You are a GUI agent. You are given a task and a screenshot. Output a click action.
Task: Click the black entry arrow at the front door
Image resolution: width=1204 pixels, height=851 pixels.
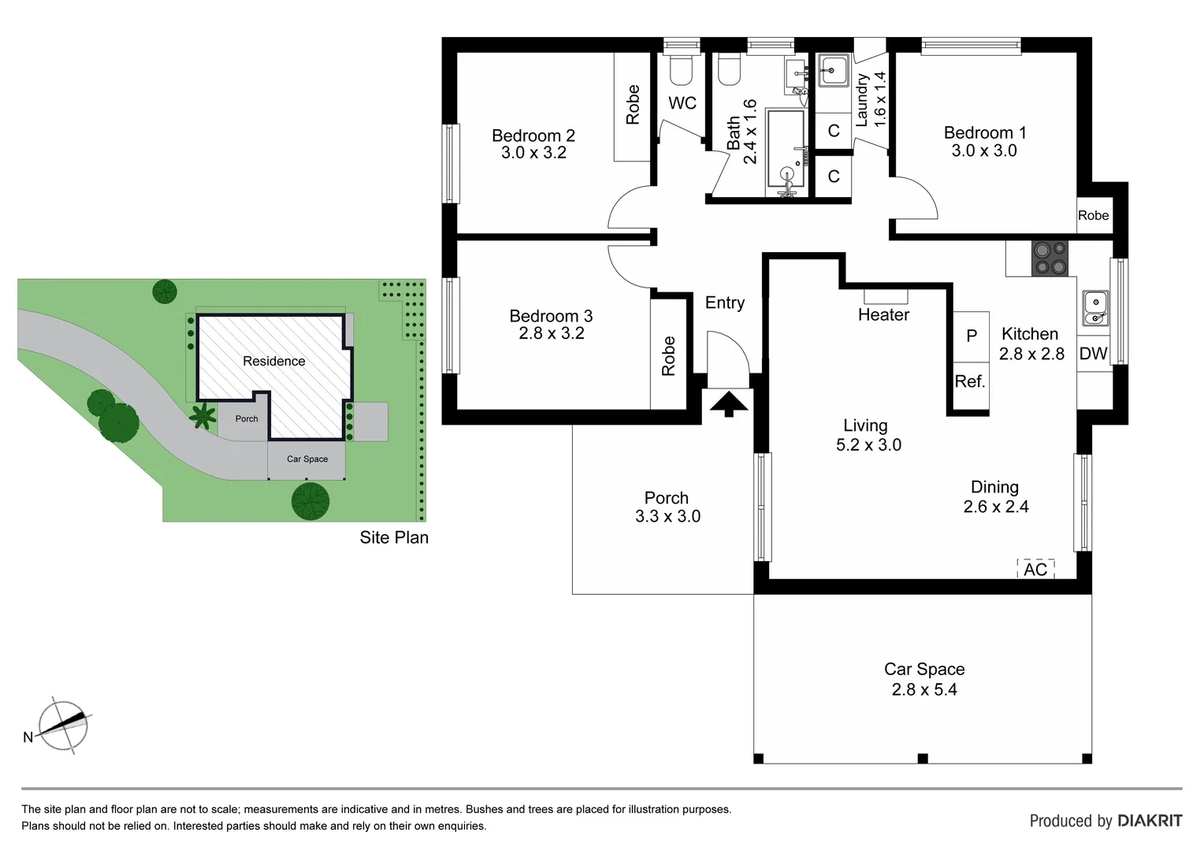pyautogui.click(x=729, y=403)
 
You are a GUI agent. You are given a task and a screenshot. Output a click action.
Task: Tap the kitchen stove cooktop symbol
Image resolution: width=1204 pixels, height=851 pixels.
pyautogui.click(x=1050, y=258)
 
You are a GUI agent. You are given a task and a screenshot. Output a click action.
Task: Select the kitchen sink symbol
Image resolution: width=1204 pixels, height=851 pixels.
pyautogui.click(x=1094, y=308)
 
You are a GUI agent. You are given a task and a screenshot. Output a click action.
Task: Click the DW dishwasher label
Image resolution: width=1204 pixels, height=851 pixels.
pyautogui.click(x=1093, y=354)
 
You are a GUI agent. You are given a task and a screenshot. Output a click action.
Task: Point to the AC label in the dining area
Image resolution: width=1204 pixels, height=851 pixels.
pyautogui.click(x=1035, y=569)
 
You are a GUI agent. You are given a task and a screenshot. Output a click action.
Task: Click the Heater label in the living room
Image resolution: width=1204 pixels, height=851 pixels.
pyautogui.click(x=883, y=314)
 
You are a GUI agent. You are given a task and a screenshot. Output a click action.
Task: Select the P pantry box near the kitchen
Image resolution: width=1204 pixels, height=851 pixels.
pyautogui.click(x=972, y=336)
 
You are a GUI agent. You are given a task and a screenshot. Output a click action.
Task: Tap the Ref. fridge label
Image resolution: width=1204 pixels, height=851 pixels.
pyautogui.click(x=970, y=381)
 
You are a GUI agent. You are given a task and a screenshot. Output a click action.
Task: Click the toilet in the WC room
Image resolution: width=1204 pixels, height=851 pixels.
pyautogui.click(x=680, y=70)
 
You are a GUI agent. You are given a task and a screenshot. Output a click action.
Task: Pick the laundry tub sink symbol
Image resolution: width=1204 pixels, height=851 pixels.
pyautogui.click(x=832, y=71)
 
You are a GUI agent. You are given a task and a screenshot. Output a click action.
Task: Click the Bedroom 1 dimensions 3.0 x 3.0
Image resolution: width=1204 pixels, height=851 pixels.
pyautogui.click(x=984, y=151)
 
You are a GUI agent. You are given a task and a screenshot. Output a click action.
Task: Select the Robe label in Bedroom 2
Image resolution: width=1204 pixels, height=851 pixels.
pyautogui.click(x=633, y=105)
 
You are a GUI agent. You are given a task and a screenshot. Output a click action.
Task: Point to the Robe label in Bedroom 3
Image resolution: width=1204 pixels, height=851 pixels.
pyautogui.click(x=668, y=356)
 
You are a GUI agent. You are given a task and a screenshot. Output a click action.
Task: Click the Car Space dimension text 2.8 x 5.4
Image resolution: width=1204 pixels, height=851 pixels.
pyautogui.click(x=924, y=689)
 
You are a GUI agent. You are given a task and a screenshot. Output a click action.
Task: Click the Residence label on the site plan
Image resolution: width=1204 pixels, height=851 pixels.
pyautogui.click(x=273, y=361)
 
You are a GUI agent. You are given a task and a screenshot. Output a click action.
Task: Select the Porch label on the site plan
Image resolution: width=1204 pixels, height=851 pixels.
pyautogui.click(x=247, y=418)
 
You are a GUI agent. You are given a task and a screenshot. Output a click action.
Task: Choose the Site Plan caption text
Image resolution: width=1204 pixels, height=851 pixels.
pyautogui.click(x=394, y=537)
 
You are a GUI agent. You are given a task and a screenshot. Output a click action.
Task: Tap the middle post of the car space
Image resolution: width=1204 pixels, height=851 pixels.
pyautogui.click(x=923, y=758)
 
